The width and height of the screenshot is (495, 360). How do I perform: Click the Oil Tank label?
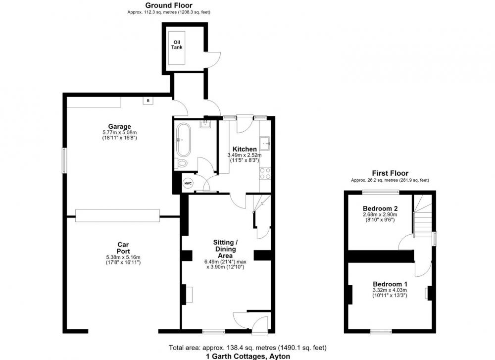click(177, 45)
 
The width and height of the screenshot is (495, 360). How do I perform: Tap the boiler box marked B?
click(148, 101)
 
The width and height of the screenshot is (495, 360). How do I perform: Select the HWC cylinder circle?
click(188, 183)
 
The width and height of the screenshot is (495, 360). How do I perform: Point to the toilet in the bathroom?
click(182, 163)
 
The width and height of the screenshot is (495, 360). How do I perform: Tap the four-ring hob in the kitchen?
click(265, 173)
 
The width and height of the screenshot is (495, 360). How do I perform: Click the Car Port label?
click(123, 248)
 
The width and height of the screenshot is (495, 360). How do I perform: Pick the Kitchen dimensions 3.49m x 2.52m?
click(245, 155)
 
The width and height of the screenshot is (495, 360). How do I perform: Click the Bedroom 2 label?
click(380, 208)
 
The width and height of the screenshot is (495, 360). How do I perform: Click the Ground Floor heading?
click(169, 5)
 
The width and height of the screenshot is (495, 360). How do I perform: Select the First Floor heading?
click(390, 173)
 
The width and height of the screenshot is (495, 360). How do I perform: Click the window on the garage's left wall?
click(64, 160)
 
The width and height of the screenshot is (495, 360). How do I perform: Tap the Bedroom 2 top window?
click(381, 192)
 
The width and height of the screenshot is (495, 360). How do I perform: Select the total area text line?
click(247, 348)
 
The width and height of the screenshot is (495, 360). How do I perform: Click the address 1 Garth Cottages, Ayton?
click(248, 357)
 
